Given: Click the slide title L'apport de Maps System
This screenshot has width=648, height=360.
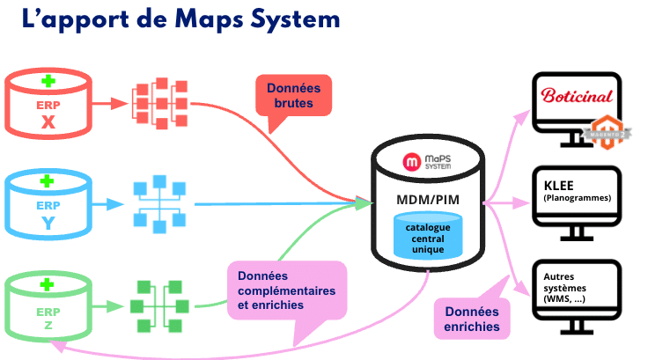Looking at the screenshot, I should point(180,19).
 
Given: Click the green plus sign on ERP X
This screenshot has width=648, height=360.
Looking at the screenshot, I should point(48,82).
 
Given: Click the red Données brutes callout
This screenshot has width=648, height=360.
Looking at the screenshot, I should point(293,97).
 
